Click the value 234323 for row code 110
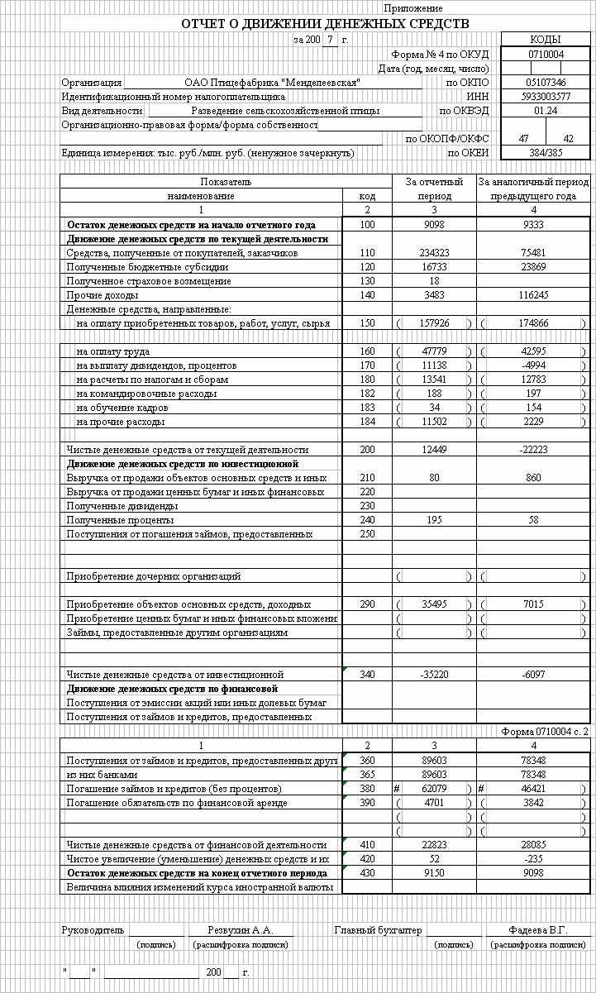click(x=434, y=253)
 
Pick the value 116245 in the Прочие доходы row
click(x=533, y=295)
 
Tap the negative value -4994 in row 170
click(x=533, y=365)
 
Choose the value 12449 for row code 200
click(x=434, y=450)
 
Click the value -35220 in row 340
click(x=434, y=675)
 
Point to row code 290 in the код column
click(x=367, y=604)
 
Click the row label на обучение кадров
click(x=122, y=408)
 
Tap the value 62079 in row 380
click(x=434, y=789)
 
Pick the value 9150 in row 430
click(x=434, y=873)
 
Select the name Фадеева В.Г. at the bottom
click(x=538, y=930)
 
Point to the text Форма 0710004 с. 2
click(x=545, y=732)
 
